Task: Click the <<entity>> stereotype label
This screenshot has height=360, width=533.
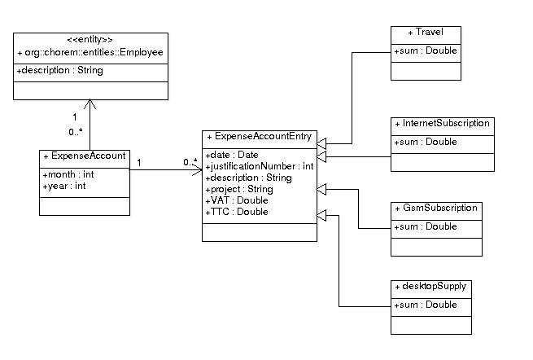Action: point(90,39)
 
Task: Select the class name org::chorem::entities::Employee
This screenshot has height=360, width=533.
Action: point(90,52)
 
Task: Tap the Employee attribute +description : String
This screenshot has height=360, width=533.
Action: point(60,70)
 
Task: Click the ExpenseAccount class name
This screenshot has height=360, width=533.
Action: point(85,156)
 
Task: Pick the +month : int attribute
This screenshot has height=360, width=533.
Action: point(68,174)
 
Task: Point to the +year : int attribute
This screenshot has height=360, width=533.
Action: point(64,187)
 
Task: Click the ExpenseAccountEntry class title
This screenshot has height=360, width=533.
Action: point(260,137)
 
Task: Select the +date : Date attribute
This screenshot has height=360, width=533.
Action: point(232,155)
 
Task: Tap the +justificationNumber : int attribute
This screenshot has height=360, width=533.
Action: point(260,166)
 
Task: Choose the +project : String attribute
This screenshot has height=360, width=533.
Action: point(239,189)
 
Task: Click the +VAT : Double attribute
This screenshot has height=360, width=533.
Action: point(237,200)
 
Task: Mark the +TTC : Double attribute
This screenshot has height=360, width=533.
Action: point(237,212)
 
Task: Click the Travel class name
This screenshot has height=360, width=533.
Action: point(426,32)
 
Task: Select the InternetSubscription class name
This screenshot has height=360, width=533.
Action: point(442,123)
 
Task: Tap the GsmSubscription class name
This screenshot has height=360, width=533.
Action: point(436,208)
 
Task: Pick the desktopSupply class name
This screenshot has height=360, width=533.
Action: point(430,286)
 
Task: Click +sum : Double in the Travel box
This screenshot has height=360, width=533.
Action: point(426,50)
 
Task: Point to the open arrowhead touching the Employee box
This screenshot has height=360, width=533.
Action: point(90,103)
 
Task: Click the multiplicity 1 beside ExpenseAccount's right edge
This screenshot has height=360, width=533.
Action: point(139,163)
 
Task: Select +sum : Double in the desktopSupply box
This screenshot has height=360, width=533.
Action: point(426,305)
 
